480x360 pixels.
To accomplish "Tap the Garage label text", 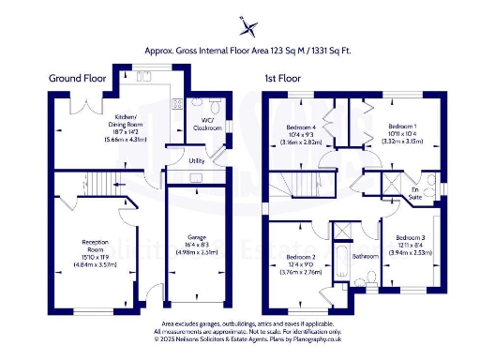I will click(195, 244).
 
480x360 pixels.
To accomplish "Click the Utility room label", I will click(196, 161).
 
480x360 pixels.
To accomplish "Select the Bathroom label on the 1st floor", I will click(364, 255).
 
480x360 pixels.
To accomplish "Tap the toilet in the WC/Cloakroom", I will click(197, 105).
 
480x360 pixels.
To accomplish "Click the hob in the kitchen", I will click(175, 105).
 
